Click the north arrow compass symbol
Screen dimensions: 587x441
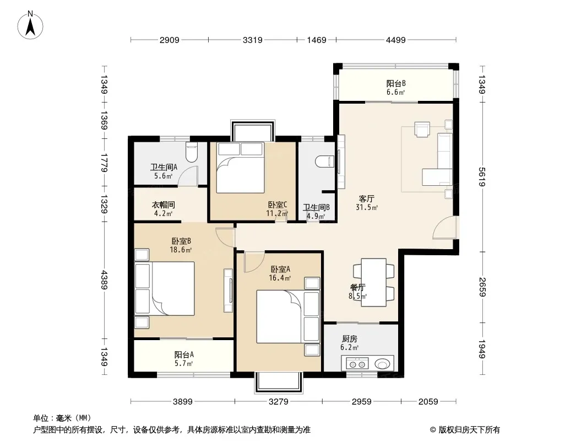(30, 25)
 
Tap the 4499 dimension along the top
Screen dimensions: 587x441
(396, 40)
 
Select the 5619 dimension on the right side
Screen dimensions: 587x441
(482, 176)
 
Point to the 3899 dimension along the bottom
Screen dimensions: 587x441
(183, 402)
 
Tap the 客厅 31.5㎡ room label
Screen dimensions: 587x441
(367, 203)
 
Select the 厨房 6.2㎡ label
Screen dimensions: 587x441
(349, 343)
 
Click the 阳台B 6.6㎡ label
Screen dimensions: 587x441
(396, 88)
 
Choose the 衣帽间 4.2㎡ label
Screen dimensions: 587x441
(163, 209)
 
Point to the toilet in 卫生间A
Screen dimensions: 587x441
(191, 153)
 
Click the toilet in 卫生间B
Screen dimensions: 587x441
(324, 162)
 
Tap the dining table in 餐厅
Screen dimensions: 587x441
(373, 282)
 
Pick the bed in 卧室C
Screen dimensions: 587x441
(241, 168)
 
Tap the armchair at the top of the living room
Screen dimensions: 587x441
(422, 129)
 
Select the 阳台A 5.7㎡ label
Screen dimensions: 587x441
(184, 359)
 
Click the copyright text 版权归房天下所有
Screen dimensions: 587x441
(469, 430)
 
